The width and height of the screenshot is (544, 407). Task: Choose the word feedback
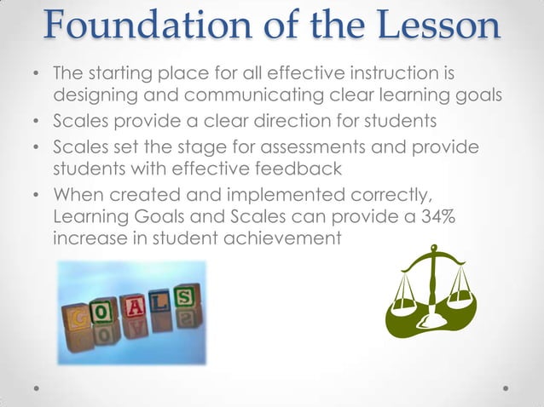coord(300,169)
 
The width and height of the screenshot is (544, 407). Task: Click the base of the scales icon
coord(432,327)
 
